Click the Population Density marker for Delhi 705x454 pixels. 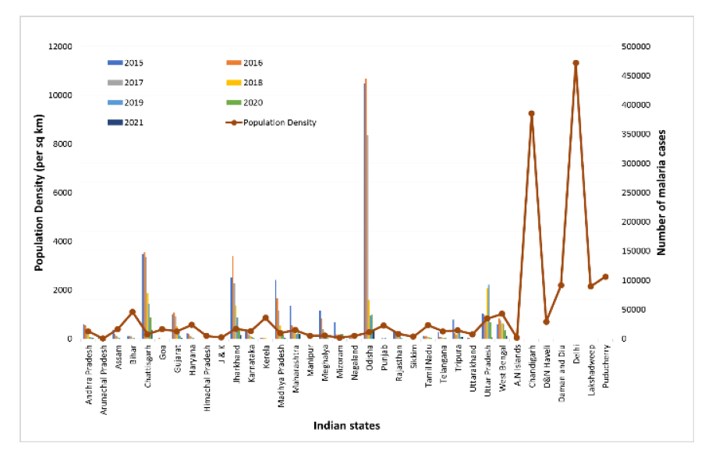576,63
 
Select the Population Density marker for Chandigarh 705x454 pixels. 531,114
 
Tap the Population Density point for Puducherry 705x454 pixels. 605,277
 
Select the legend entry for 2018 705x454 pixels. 253,83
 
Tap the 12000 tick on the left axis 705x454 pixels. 60,47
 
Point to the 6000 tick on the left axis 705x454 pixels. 62,193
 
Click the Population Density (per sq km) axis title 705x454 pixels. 37,193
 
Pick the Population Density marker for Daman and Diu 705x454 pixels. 561,286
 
